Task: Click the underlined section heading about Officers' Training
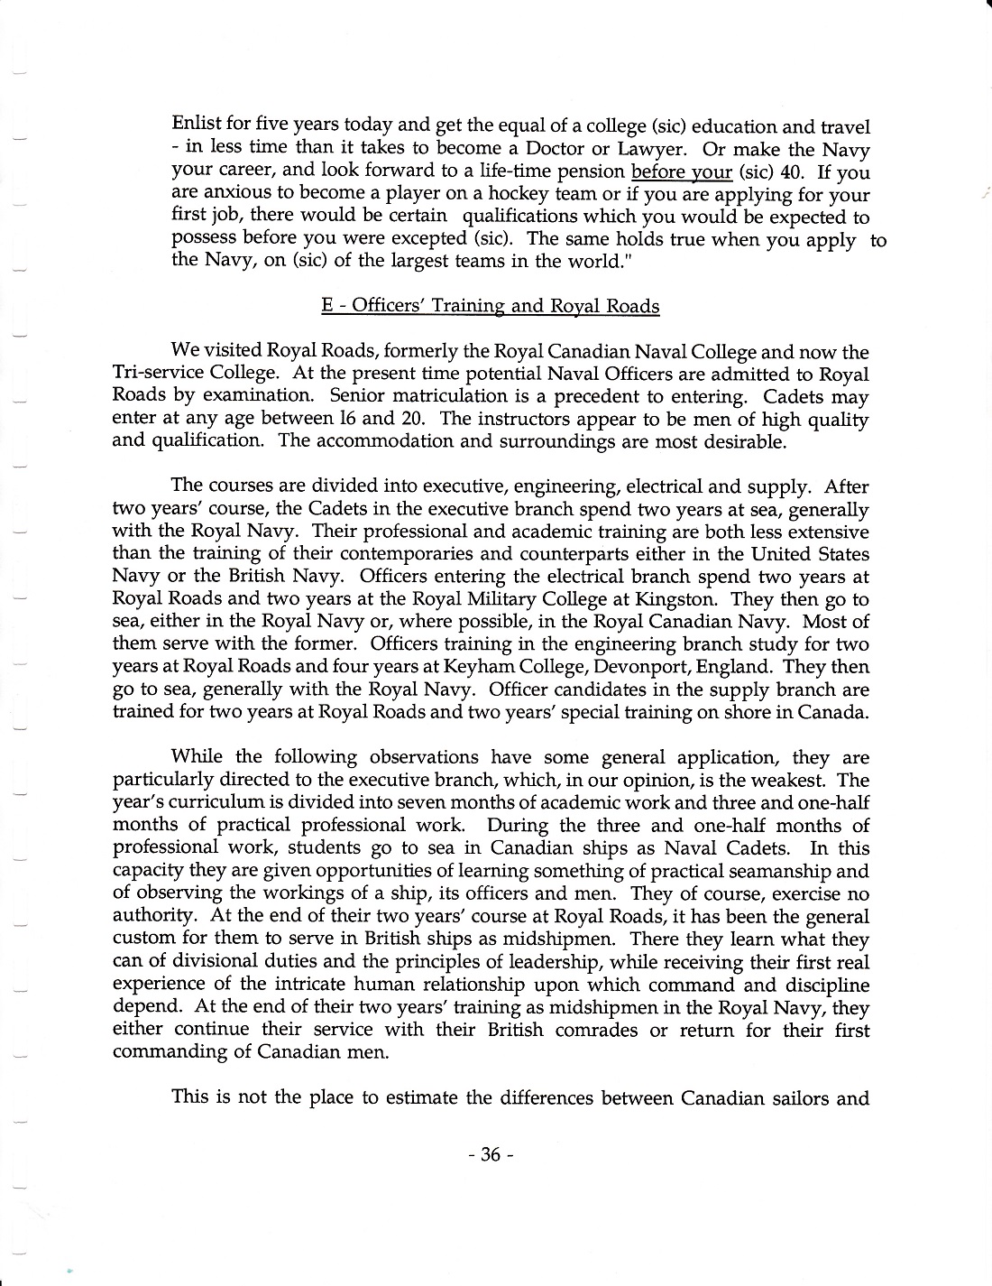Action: click(x=490, y=306)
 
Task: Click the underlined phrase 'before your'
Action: click(x=682, y=171)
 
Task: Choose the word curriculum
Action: click(x=216, y=802)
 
